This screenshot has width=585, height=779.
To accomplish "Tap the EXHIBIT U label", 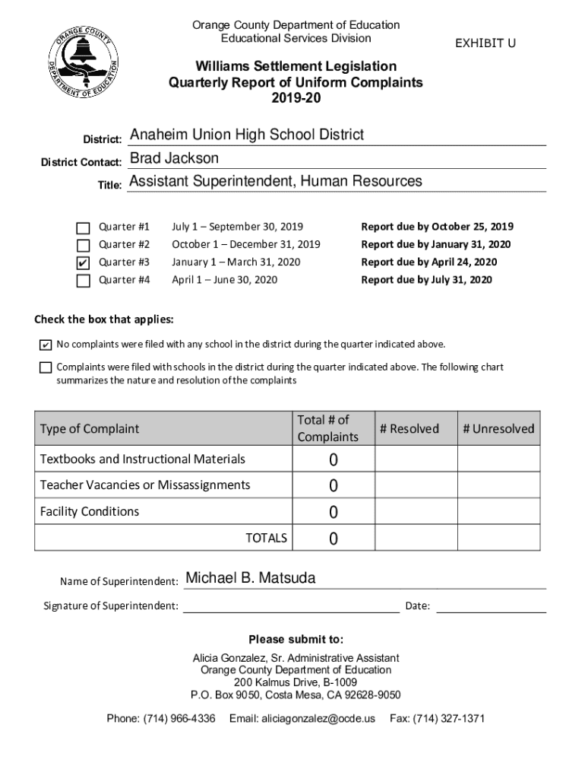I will coord(485,43).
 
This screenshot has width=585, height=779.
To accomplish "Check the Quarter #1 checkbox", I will coord(84,227).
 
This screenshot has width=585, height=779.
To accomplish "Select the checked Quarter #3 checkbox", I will coord(84,263).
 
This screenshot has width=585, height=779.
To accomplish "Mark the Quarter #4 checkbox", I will coord(84,281).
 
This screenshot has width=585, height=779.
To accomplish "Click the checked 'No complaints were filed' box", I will coord(46,345).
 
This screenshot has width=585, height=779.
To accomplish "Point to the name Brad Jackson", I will coord(174,158).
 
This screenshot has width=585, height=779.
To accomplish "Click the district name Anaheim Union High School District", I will coord(247,135).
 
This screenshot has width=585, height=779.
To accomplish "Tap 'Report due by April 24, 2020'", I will coord(428,262).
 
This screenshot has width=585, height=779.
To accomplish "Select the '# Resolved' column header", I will coord(409,429).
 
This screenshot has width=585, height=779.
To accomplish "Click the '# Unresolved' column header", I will coord(498,429).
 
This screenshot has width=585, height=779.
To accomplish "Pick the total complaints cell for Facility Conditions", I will coord(334,513).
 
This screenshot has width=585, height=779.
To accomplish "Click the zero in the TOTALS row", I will coord(334,539).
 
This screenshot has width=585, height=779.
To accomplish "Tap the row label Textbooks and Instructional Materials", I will coord(142,459).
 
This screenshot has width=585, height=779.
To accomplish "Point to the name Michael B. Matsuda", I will coord(251,579).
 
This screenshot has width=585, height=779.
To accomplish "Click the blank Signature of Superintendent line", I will coord(290,606).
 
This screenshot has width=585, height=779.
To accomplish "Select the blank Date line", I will coord(491,606).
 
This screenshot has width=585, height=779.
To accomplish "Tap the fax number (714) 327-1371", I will coord(437,719).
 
